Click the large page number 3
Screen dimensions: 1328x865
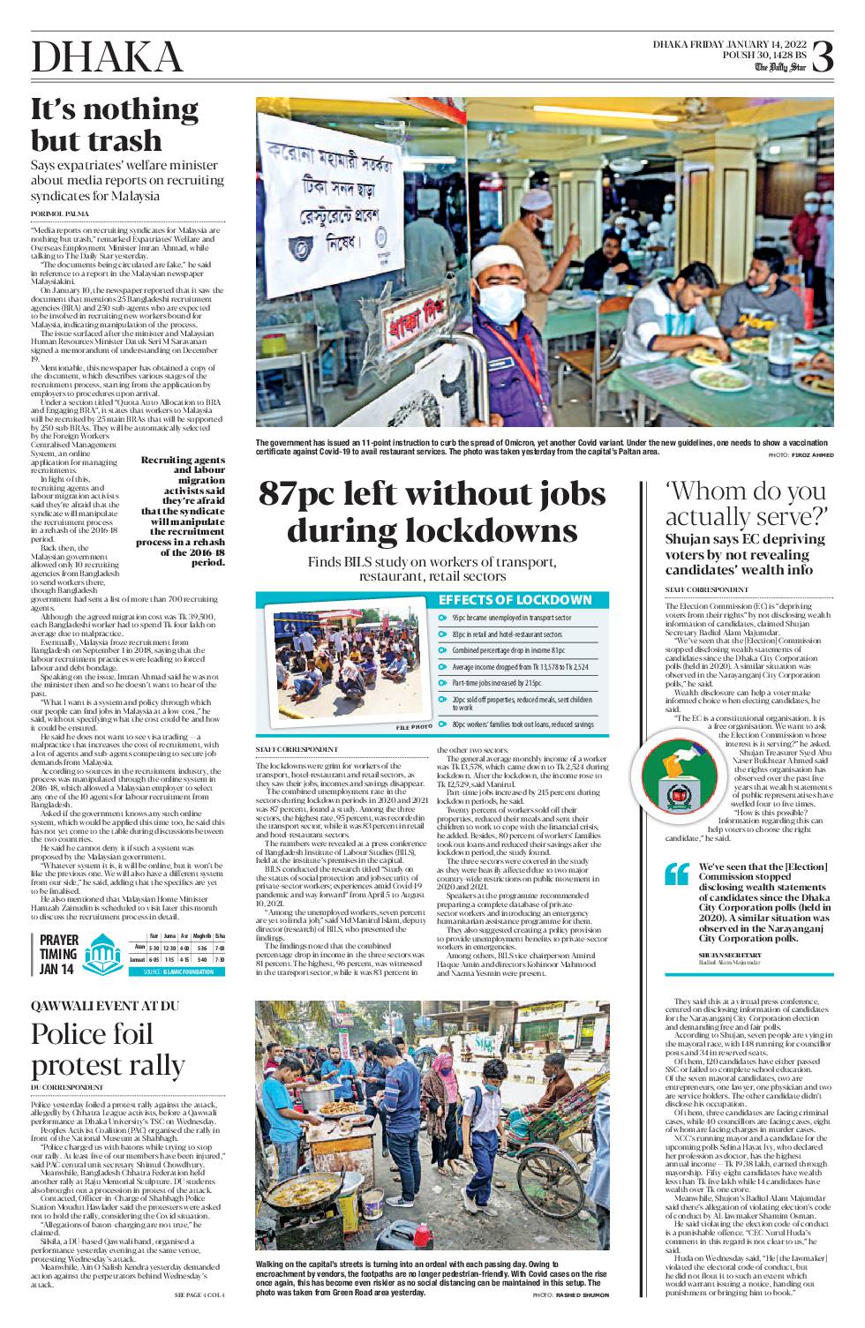click(821, 56)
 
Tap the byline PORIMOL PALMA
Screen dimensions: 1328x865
click(59, 214)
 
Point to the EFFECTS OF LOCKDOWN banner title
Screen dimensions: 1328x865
click(515, 600)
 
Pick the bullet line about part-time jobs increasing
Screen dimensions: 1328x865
click(497, 683)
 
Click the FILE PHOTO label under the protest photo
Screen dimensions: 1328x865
click(414, 726)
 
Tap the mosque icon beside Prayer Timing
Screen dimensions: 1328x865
click(102, 954)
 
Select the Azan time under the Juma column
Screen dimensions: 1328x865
click(169, 946)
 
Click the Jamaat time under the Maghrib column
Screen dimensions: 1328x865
click(203, 959)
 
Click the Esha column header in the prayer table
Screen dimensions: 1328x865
click(220, 934)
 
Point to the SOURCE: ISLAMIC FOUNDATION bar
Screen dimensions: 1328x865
click(177, 972)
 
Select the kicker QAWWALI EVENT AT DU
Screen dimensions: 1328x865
click(105, 1007)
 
